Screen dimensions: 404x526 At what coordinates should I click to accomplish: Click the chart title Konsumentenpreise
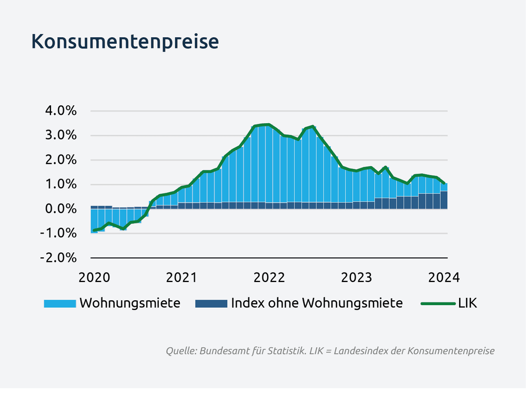(x=125, y=42)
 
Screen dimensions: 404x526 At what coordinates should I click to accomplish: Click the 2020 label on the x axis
(x=95, y=277)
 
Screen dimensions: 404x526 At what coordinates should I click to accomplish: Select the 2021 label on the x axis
(x=182, y=277)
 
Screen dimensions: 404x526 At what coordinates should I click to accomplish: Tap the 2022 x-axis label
(x=269, y=277)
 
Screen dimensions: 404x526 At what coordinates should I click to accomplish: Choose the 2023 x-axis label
(x=357, y=277)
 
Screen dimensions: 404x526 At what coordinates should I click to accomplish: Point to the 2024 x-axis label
(x=445, y=277)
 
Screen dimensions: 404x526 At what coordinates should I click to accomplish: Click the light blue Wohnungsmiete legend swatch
(x=60, y=304)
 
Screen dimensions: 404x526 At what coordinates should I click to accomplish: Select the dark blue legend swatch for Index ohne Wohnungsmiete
(x=211, y=304)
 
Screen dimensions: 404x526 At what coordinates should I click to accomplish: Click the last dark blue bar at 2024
(x=444, y=200)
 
